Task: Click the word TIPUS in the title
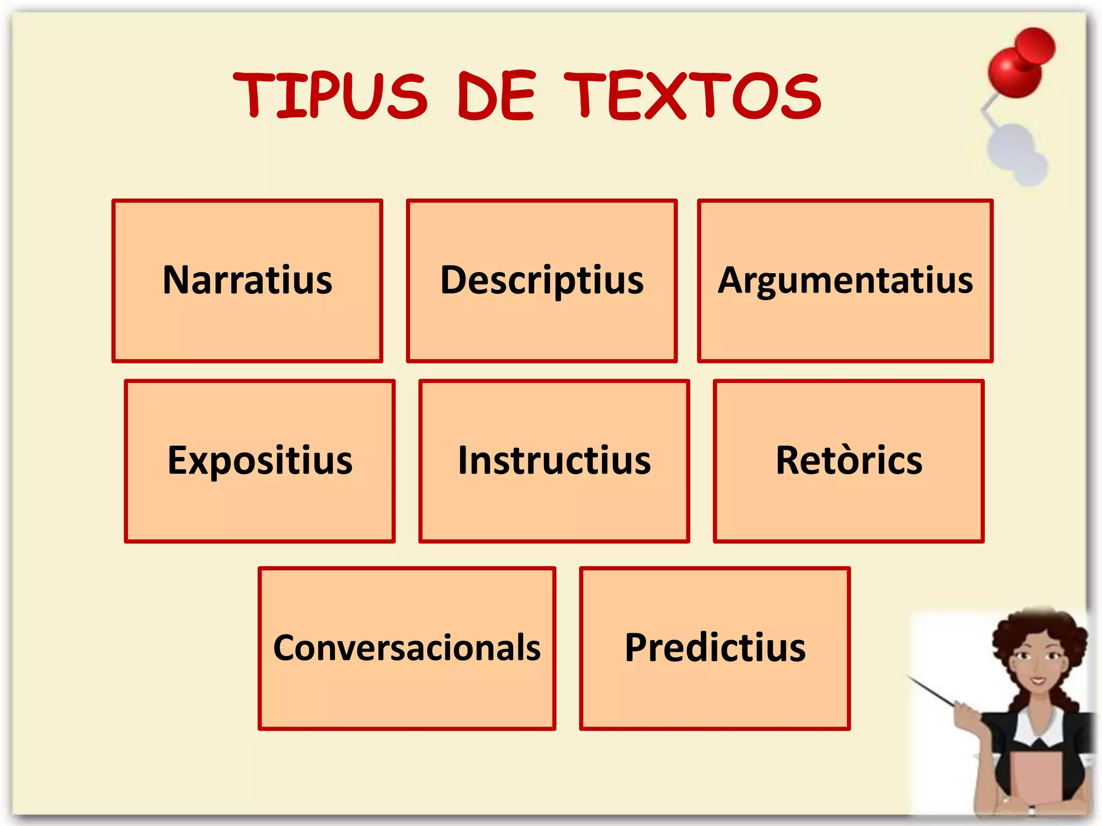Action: click(330, 96)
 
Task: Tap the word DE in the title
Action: click(496, 96)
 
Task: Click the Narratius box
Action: click(247, 281)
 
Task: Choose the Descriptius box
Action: click(541, 281)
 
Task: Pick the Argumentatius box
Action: click(845, 281)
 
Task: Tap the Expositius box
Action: click(259, 461)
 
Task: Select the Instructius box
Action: click(554, 461)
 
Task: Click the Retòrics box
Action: click(849, 461)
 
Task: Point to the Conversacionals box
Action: click(406, 648)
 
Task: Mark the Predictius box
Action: click(715, 648)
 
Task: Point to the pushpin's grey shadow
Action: click(1017, 153)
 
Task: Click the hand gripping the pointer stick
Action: click(969, 715)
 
